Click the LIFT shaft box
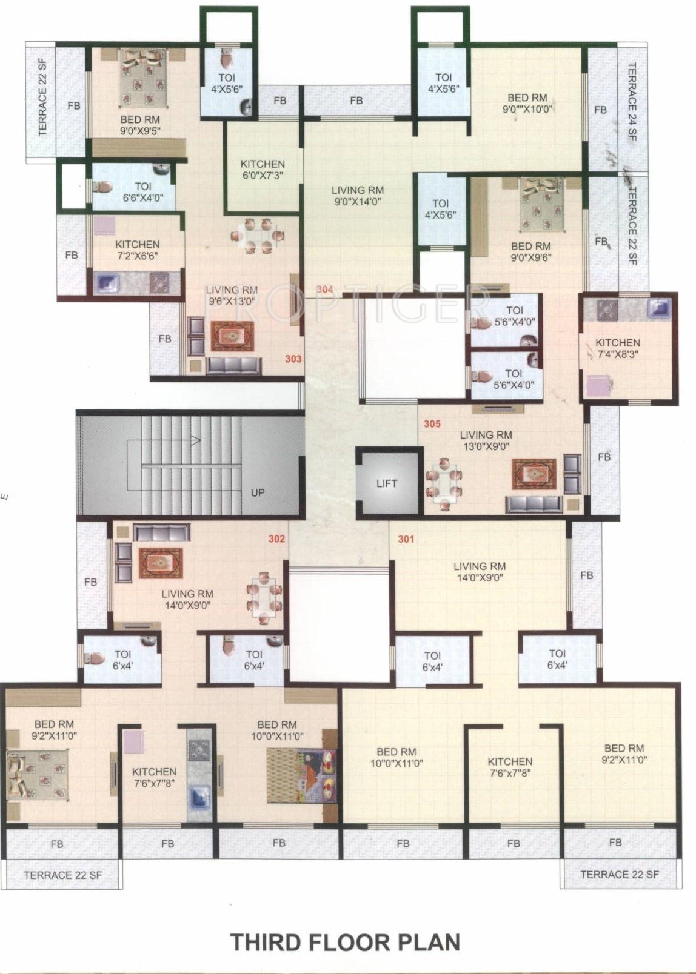pyautogui.click(x=387, y=482)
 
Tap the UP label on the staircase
pyautogui.click(x=258, y=492)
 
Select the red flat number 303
pyautogui.click(x=293, y=359)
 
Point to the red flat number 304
pyautogui.click(x=325, y=290)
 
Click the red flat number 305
pyautogui.click(x=432, y=424)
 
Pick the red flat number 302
pyautogui.click(x=277, y=538)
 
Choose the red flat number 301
pyautogui.click(x=406, y=538)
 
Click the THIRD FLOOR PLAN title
pyautogui.click(x=346, y=943)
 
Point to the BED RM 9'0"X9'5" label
pyautogui.click(x=140, y=125)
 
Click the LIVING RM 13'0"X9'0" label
pyautogui.click(x=485, y=440)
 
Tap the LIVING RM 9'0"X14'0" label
pyautogui.click(x=358, y=196)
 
